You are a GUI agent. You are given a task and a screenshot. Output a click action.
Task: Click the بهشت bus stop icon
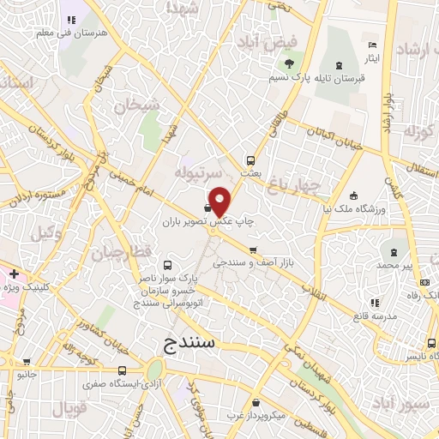(x=250, y=159)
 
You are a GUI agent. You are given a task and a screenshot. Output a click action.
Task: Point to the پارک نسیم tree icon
(x=289, y=63)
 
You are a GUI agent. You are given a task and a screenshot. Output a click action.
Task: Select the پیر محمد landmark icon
(x=395, y=253)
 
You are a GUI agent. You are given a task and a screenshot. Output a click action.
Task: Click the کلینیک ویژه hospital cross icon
(x=15, y=274)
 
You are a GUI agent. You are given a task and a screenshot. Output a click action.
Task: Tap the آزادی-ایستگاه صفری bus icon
(x=123, y=371)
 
